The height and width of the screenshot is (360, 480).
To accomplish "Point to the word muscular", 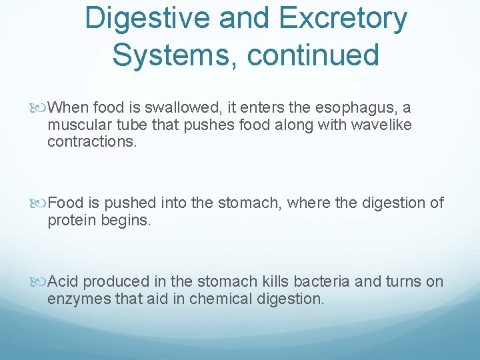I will coord(77,125).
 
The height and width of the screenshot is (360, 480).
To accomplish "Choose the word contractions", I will coord(91,142).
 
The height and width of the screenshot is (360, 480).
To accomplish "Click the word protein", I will coord(71,221).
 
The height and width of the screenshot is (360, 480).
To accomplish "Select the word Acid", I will coord(64,281).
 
